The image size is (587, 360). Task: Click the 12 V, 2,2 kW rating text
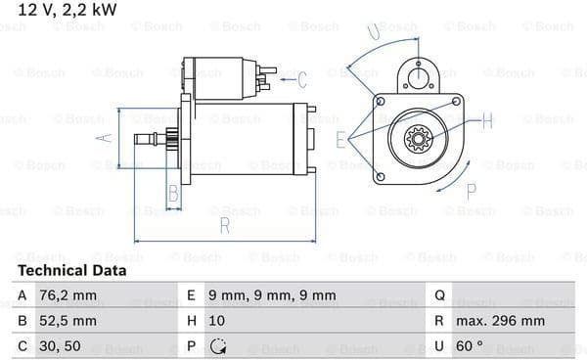(68, 10)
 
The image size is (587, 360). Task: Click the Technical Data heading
(71, 271)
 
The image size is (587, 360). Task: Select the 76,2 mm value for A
(68, 295)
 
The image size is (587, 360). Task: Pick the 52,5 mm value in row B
(68, 321)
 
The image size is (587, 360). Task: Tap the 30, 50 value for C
(60, 346)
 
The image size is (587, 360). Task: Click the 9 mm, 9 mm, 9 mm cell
(272, 295)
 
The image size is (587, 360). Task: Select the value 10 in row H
(217, 321)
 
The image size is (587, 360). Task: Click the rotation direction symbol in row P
(218, 346)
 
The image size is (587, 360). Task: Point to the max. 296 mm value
(500, 321)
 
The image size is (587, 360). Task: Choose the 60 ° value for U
(470, 345)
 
